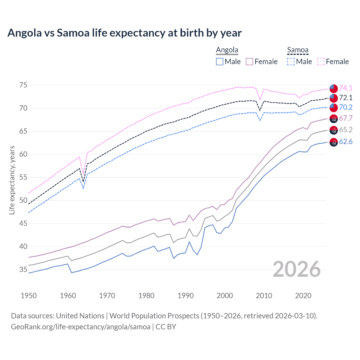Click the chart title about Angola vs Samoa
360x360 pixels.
(124, 33)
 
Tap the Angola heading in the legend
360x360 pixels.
(227, 50)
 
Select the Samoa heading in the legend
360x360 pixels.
(298, 50)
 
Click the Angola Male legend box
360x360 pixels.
(220, 62)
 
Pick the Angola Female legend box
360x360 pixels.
(249, 62)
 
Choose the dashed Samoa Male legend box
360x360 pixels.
(291, 62)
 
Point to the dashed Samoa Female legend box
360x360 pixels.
(321, 62)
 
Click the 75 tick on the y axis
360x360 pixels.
(23, 85)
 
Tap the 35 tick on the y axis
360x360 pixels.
(23, 270)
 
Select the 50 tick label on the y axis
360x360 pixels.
(23, 201)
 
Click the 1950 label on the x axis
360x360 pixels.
(29, 296)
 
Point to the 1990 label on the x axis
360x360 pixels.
(186, 296)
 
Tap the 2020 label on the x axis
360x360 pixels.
(303, 296)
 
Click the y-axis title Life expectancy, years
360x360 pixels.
(12, 180)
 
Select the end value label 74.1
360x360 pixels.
(346, 88)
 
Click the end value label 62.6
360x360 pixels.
(346, 141)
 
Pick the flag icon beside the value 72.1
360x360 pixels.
(334, 98)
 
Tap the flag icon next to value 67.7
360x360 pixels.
(334, 119)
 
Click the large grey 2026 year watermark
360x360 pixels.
(297, 269)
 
